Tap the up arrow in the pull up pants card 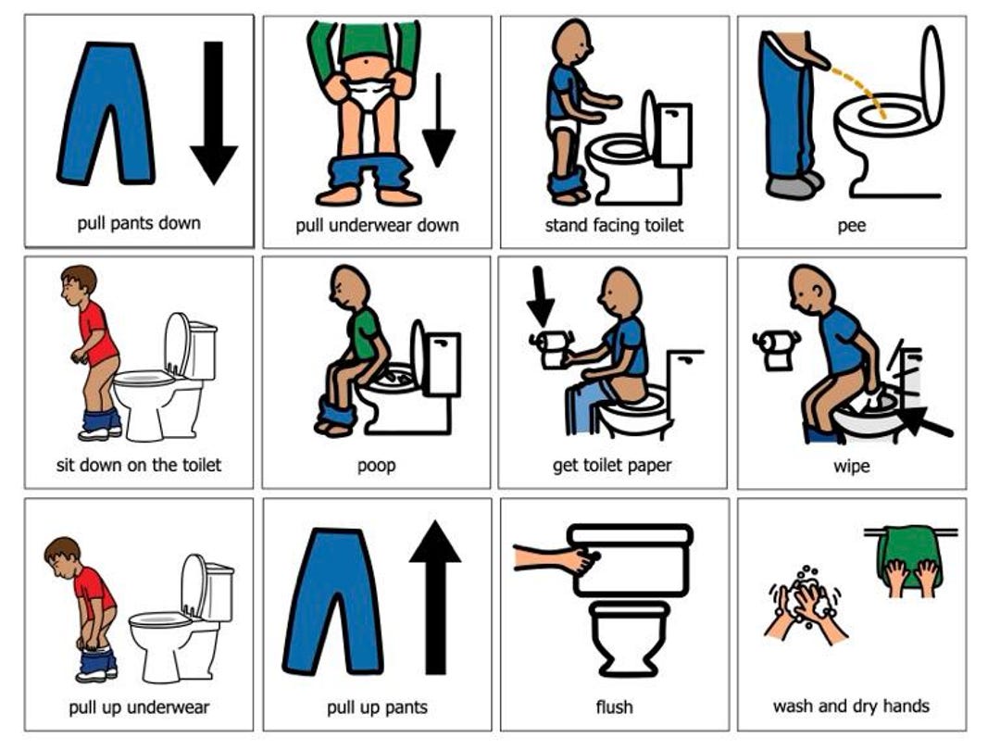click(x=434, y=596)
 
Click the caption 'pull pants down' click(x=139, y=223)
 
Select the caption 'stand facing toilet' click(x=614, y=225)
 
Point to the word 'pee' click(x=851, y=225)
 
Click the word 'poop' click(x=376, y=465)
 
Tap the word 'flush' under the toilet click(x=614, y=707)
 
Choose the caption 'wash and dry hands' click(x=851, y=706)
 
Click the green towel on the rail click(x=908, y=554)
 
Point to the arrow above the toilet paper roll click(x=541, y=296)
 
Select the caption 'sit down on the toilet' click(x=139, y=465)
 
